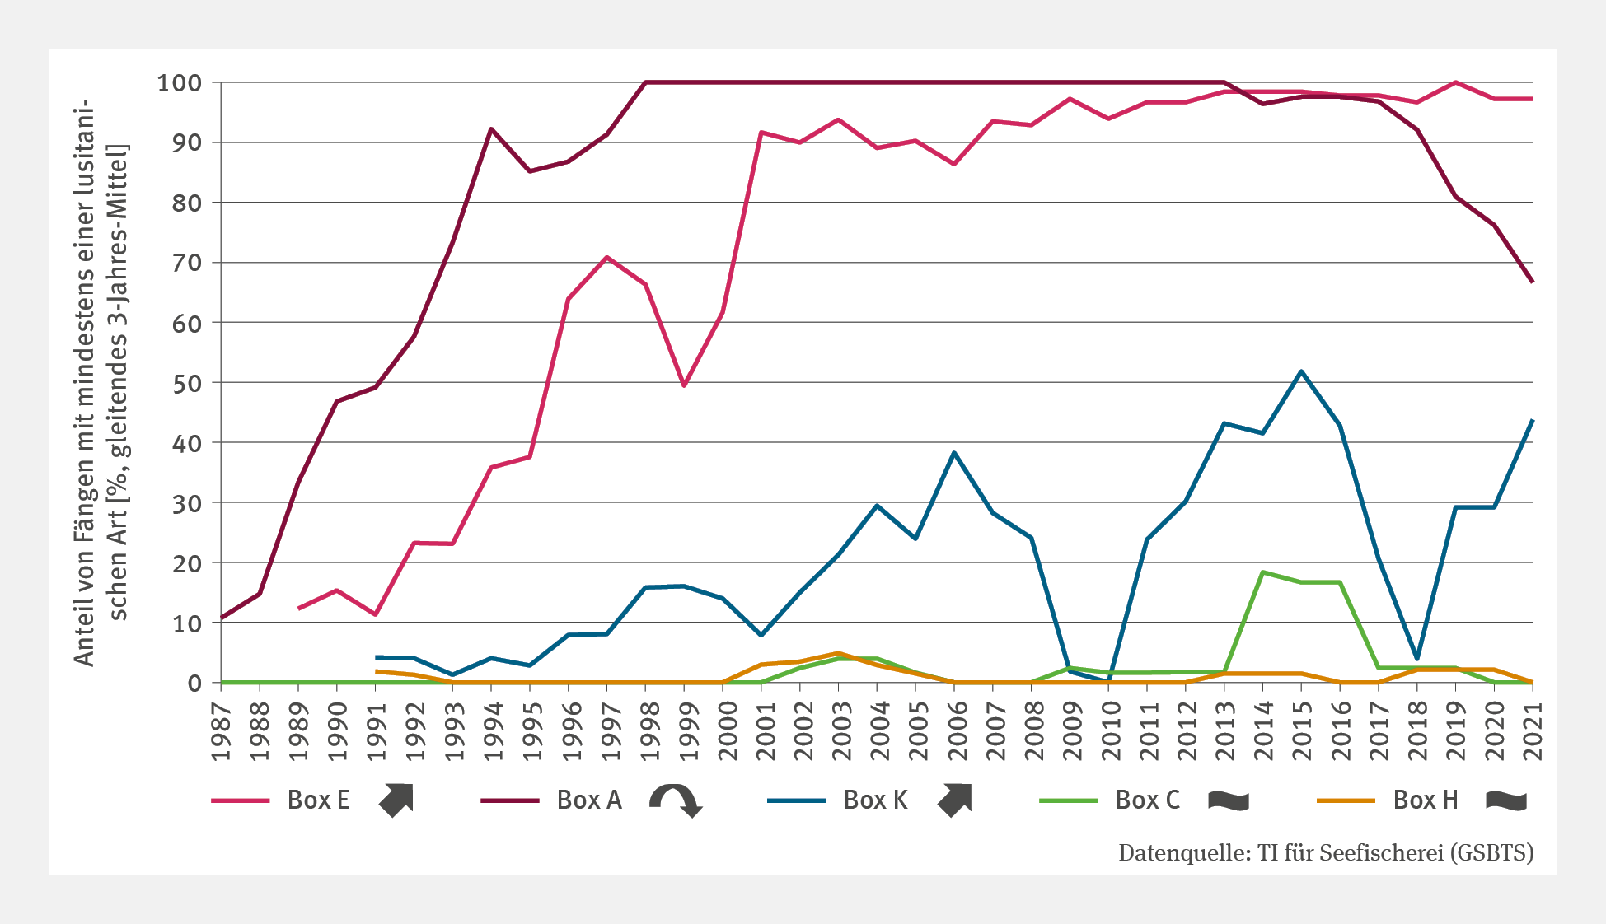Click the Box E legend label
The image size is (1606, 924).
click(318, 800)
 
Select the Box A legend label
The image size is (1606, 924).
click(589, 800)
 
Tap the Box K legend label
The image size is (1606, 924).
click(875, 800)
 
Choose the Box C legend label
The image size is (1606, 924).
click(1147, 800)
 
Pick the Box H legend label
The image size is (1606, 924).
click(1426, 800)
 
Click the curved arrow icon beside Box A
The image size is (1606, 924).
click(676, 800)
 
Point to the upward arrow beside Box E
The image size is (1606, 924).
click(396, 800)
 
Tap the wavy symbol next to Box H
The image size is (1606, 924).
click(1506, 800)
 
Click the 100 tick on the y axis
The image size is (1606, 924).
click(180, 83)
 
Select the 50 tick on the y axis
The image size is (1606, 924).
click(186, 383)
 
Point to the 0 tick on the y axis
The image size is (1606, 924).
click(194, 684)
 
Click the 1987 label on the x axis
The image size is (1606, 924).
click(221, 731)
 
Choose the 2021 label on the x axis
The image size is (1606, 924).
click(1533, 731)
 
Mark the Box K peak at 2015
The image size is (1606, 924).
click(1301, 371)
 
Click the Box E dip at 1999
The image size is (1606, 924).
click(684, 385)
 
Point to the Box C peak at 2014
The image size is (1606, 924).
click(1262, 572)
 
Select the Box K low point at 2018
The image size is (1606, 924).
click(1416, 659)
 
